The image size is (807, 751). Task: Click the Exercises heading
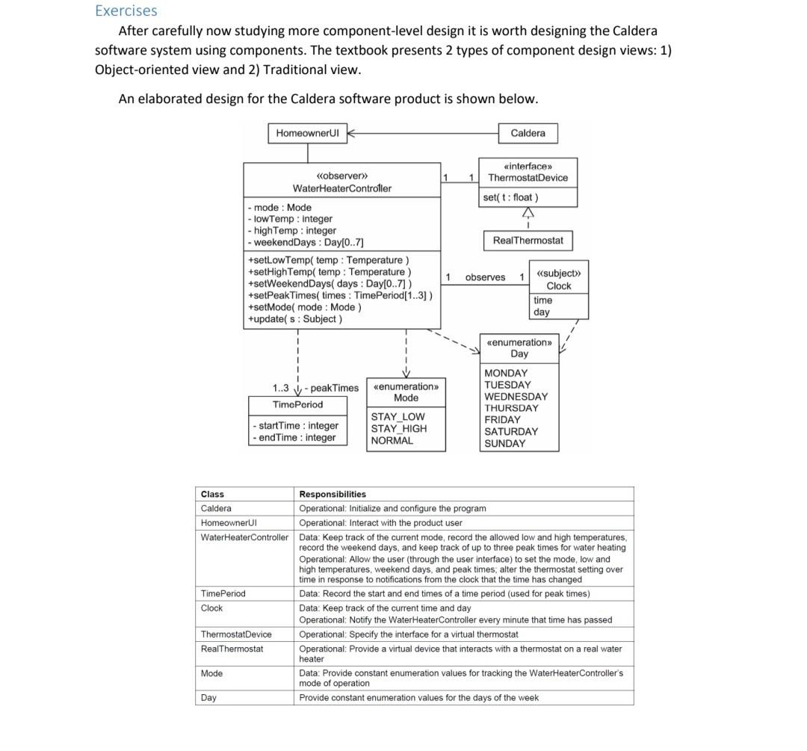pos(126,10)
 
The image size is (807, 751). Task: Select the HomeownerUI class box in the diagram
pos(307,133)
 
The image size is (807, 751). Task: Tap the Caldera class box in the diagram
pos(528,133)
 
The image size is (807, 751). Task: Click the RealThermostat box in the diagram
pos(528,240)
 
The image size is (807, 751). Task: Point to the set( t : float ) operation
pos(510,197)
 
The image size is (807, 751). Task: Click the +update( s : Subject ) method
pos(294,319)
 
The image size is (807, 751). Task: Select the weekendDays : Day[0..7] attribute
pos(306,243)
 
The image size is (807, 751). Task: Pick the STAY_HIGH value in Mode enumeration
pos(399,429)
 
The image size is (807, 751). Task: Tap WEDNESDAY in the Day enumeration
pos(516,397)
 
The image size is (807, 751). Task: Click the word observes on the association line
pos(485,277)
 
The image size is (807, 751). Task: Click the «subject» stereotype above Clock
pos(559,273)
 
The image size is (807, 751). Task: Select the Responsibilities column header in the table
pos(333,494)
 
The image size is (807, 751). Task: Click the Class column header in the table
pos(212,494)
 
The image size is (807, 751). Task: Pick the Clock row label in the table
pos(211,608)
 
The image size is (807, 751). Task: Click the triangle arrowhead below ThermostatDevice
pos(528,213)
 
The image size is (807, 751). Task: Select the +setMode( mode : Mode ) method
pos(304,307)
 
